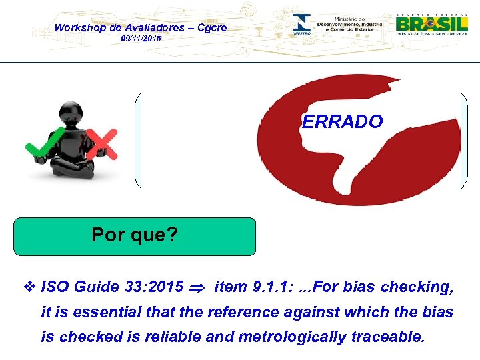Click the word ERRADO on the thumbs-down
click(x=342, y=122)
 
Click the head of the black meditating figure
click(x=71, y=115)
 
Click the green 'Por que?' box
click(x=135, y=236)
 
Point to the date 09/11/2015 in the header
click(x=141, y=39)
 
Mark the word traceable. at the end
click(x=387, y=337)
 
